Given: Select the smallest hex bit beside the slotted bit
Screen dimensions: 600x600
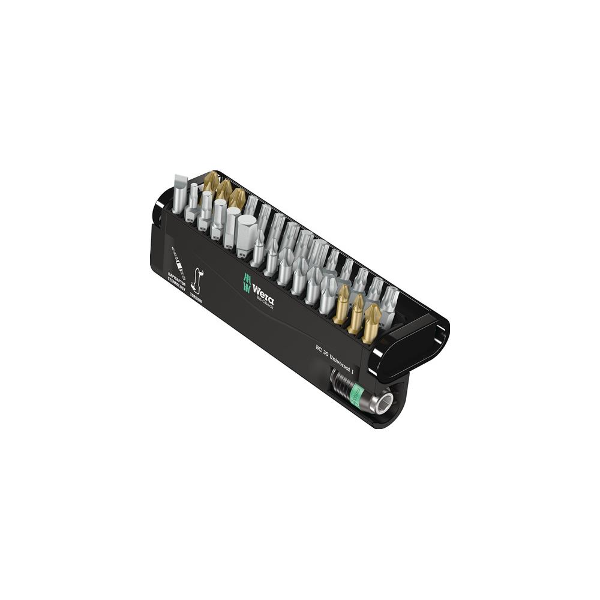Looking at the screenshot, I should click(x=193, y=201).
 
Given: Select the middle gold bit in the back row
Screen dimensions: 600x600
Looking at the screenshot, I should click(x=224, y=190).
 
